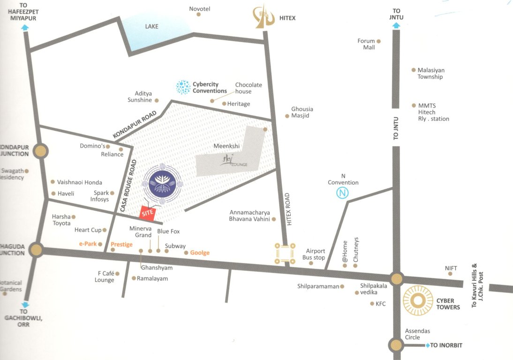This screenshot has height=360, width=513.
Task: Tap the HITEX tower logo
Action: (264, 17)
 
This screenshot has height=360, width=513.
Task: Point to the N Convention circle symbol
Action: (343, 193)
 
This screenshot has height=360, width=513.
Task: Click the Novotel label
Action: (199, 9)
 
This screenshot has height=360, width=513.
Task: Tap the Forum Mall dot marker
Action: (378, 41)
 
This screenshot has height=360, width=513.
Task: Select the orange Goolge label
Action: (199, 253)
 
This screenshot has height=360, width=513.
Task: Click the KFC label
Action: (380, 304)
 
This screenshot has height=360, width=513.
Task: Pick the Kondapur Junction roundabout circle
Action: (41, 151)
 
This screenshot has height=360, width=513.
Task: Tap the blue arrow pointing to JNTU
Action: (396, 26)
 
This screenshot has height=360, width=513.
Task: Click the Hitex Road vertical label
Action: (289, 208)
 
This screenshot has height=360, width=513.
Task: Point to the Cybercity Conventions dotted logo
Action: (183, 87)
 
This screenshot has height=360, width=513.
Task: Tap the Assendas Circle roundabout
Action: (396, 345)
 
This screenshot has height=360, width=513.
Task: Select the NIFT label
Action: (451, 268)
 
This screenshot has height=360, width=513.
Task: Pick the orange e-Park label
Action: (88, 244)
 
